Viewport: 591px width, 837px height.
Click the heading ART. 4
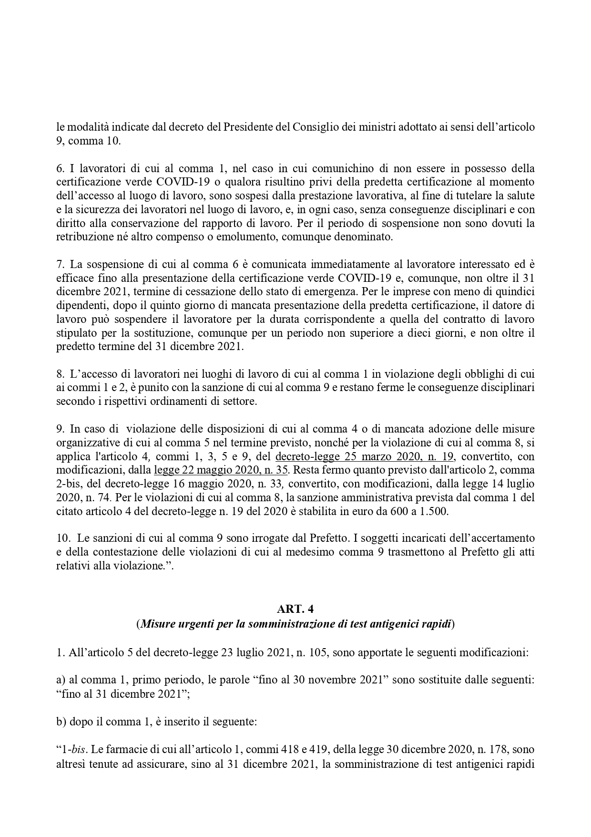295,609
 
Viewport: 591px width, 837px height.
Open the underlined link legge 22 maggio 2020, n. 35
221,470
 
